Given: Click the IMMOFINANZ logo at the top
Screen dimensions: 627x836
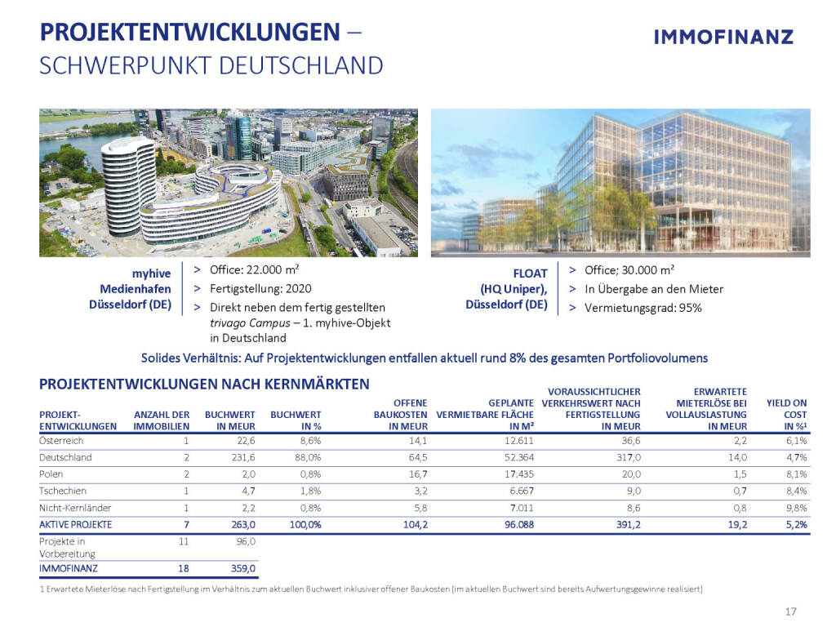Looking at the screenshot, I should pyautogui.click(x=723, y=37).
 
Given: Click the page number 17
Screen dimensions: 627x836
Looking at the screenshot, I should pyautogui.click(x=789, y=611).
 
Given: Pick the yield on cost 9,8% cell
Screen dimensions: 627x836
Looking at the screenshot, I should pyautogui.click(x=796, y=507).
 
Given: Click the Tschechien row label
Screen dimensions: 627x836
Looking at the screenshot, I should pyautogui.click(x=64, y=491).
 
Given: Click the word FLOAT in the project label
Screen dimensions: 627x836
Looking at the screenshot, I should pyautogui.click(x=529, y=274).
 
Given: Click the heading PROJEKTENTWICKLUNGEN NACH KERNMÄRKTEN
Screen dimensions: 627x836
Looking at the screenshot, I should pyautogui.click(x=204, y=384).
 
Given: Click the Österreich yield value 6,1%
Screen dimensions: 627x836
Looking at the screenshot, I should pyautogui.click(x=796, y=440).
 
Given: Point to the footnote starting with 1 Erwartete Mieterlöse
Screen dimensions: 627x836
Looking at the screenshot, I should pyautogui.click(x=371, y=588).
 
